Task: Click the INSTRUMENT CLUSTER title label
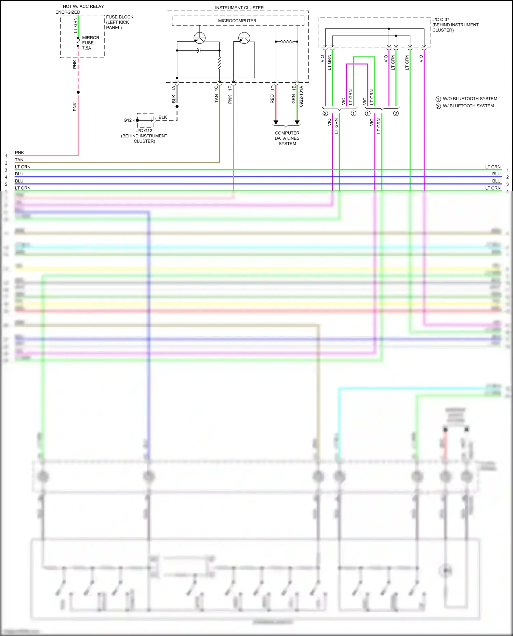click(239, 8)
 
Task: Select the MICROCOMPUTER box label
click(237, 21)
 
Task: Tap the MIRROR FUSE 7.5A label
click(90, 43)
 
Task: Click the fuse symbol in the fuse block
click(78, 42)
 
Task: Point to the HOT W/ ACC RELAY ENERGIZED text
click(80, 9)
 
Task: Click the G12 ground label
click(127, 120)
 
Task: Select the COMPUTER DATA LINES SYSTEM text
click(287, 138)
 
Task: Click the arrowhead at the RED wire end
click(276, 122)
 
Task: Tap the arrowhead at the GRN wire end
click(297, 122)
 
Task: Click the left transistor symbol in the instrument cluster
click(199, 38)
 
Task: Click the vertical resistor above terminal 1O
click(219, 63)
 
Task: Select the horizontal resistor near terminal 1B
click(287, 42)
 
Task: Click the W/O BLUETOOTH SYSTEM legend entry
click(466, 99)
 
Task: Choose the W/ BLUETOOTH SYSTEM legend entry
click(465, 106)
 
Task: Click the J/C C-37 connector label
click(455, 25)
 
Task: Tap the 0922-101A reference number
click(301, 96)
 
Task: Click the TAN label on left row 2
click(19, 160)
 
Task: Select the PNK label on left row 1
click(19, 152)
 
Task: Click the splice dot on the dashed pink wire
click(78, 92)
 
